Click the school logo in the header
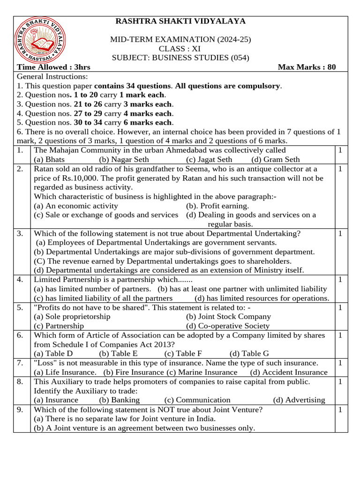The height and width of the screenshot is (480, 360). [40, 41]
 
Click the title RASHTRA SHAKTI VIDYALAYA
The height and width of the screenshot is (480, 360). [180, 21]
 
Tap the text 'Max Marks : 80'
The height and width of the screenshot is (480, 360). [307, 67]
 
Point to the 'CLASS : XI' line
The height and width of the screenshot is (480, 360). [180, 49]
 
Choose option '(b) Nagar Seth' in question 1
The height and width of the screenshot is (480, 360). [124, 159]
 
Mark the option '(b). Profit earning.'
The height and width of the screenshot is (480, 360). [217, 206]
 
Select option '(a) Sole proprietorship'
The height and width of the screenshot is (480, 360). [72, 316]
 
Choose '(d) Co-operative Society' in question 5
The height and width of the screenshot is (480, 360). [228, 326]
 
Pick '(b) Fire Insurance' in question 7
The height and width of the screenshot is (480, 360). [134, 372]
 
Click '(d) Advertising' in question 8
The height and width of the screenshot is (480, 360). [299, 400]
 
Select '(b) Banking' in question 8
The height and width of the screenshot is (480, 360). [120, 400]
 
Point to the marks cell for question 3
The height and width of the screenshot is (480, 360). [340, 233]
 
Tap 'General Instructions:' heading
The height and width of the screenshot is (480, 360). [52, 76]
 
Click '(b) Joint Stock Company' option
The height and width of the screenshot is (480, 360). [228, 316]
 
